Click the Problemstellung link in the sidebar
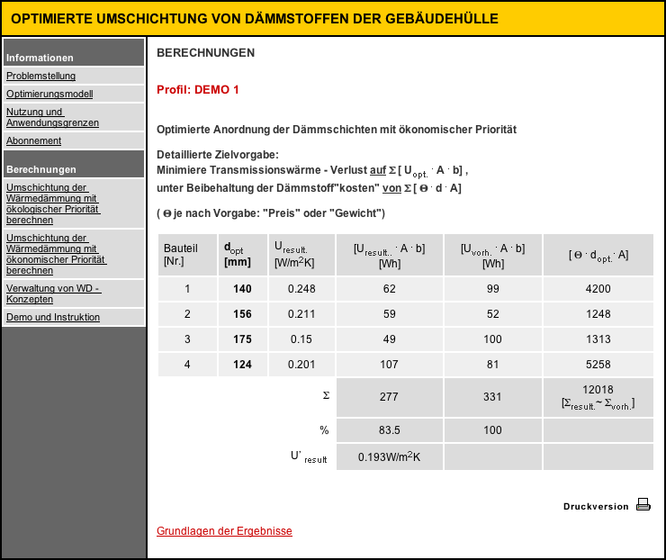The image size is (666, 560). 41,77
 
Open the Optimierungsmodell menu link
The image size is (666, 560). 49,94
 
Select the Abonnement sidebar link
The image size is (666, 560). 34,140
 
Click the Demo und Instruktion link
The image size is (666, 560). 53,317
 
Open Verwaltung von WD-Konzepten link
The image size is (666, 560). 53,294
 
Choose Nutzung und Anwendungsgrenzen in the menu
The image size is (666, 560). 52,117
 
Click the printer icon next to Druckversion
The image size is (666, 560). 643,505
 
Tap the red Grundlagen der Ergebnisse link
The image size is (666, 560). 224,531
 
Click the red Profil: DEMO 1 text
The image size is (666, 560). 198,90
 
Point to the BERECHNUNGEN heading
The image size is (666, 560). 205,53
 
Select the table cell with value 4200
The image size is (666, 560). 598,289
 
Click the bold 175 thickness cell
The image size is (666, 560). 243,339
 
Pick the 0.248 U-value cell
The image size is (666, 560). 301,289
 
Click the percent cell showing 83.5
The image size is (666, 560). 389,430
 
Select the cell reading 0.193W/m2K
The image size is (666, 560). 389,457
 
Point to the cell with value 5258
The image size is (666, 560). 598,365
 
